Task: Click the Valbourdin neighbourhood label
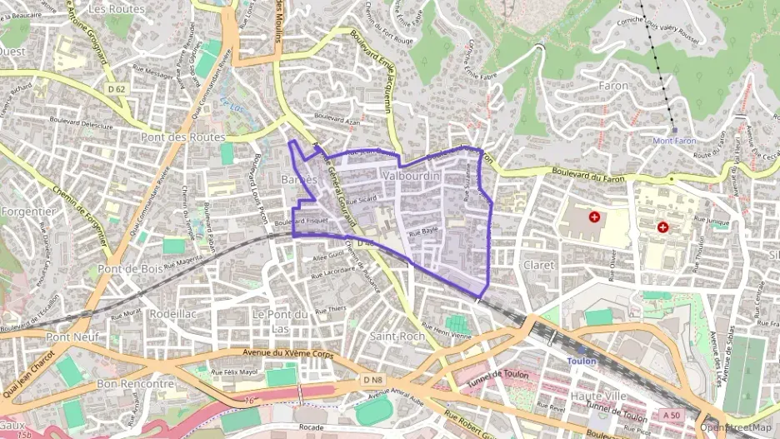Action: pos(411,177)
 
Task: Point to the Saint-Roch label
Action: pos(397,336)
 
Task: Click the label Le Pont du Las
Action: pos(280,321)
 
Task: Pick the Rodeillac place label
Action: pos(172,314)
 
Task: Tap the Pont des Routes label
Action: pos(183,137)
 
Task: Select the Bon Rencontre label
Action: pos(135,384)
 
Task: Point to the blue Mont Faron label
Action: pos(674,141)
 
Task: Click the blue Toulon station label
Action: pos(582,362)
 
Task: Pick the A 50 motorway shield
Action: pos(672,415)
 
